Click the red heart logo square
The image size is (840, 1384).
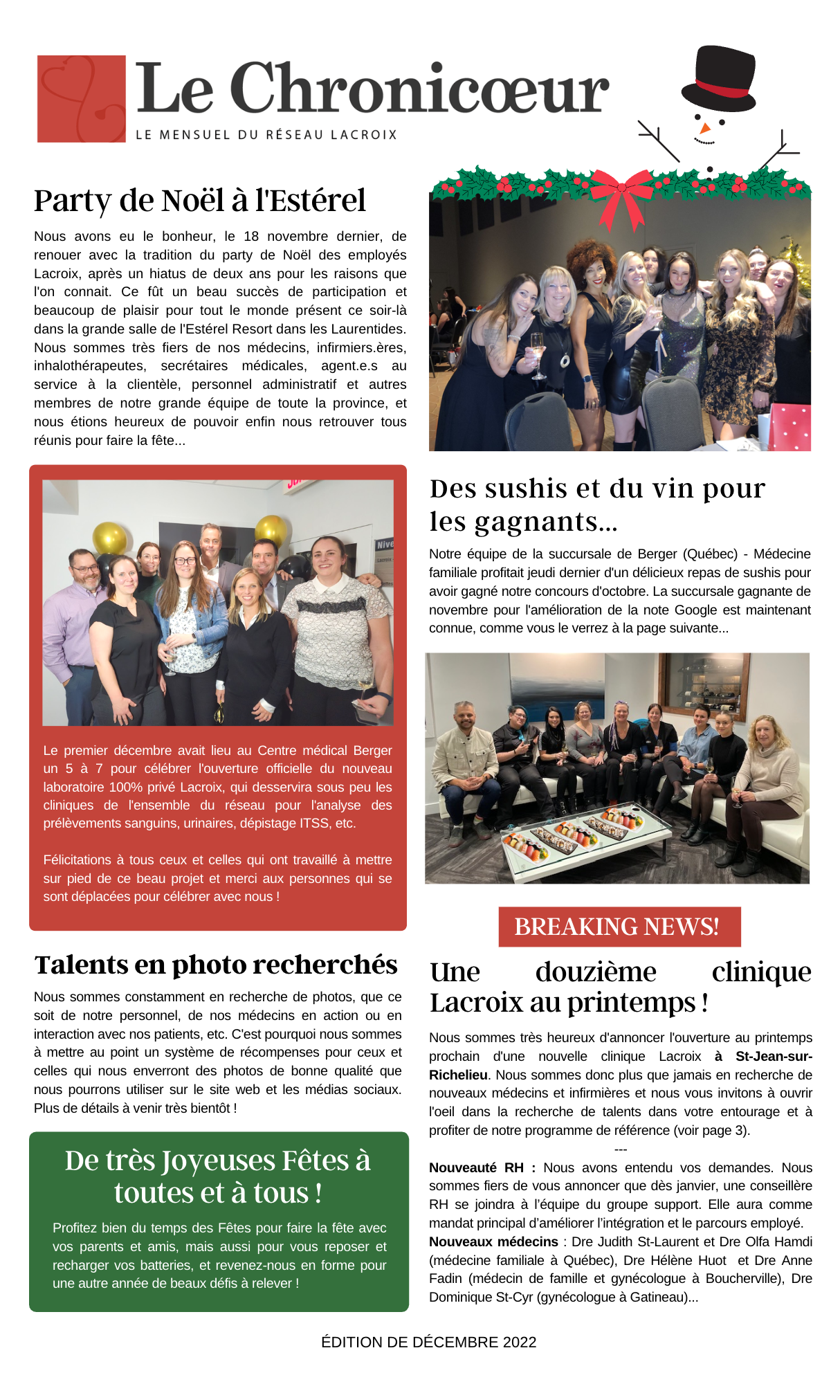(x=82, y=99)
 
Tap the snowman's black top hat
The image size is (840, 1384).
(x=718, y=73)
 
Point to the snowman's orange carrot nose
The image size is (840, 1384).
(x=704, y=128)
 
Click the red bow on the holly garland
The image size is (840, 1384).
(x=622, y=196)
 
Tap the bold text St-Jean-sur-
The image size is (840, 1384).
(x=774, y=1057)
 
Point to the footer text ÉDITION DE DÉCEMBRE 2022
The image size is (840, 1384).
(x=429, y=1342)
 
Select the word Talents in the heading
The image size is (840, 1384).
(x=82, y=965)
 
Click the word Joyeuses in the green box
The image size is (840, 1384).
(x=218, y=1161)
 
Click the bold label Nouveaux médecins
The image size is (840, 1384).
(x=493, y=1242)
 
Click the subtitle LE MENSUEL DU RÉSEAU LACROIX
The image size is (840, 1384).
(x=266, y=135)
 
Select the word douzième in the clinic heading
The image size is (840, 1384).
(x=596, y=972)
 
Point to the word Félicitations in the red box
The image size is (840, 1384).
(x=77, y=860)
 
